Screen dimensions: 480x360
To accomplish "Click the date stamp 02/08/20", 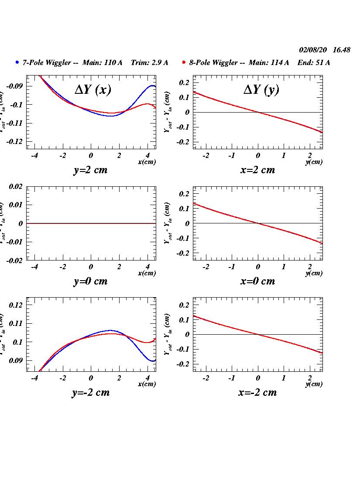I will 313,50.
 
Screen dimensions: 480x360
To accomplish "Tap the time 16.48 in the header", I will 341,50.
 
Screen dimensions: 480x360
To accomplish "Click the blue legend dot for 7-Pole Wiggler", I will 17,62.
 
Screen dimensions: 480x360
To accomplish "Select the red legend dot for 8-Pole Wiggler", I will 184,62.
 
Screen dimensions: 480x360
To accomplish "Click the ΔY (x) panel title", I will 93,89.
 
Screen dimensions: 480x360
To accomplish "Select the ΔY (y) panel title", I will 261,89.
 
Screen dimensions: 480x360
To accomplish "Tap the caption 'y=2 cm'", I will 90,170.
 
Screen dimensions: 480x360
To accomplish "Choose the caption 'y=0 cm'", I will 90,281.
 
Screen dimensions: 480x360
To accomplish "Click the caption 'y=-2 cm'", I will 90,392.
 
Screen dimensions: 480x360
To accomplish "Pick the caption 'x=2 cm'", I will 257,170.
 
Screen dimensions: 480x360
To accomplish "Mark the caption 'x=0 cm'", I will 257,281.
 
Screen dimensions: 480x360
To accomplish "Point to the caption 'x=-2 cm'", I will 257,392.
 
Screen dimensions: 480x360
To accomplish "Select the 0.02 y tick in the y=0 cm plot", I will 16,186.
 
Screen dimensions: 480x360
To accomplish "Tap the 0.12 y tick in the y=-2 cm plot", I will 16,305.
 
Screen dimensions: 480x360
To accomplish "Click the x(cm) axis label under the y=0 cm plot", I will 147,273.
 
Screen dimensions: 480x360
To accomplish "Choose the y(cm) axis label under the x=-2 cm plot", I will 314,384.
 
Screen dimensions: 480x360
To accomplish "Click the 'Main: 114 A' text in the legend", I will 268,62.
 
